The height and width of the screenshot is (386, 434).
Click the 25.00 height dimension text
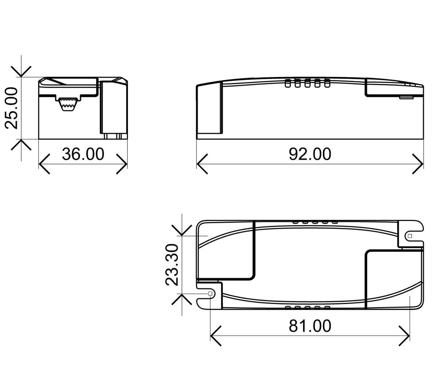coord(11,108)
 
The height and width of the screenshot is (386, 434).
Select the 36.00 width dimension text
coord(83,154)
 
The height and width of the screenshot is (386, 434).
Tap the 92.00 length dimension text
coord(310,154)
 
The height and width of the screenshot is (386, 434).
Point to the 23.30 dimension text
coord(172,264)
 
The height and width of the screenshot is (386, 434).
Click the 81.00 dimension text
coord(310,326)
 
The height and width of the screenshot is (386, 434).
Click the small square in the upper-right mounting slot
coord(410,236)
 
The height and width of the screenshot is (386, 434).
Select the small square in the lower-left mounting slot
coord(210,294)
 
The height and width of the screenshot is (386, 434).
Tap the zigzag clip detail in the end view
coord(68,104)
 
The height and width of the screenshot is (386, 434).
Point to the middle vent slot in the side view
coord(307,83)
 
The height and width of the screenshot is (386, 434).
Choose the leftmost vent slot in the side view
coord(288,83)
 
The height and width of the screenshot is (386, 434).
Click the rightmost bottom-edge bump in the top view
coord(327,308)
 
